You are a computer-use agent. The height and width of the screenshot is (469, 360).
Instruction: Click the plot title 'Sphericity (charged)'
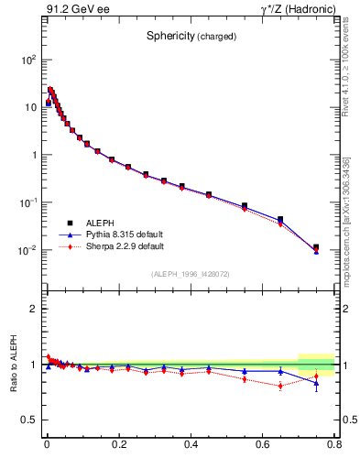tap(191, 37)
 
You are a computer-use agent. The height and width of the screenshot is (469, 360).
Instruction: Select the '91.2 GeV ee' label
tap(74, 9)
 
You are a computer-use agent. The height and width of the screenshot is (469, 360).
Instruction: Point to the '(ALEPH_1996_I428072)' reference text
tap(191, 274)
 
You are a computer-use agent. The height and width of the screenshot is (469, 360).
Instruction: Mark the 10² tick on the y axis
tap(27, 60)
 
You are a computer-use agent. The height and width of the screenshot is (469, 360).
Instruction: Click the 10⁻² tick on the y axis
tap(27, 250)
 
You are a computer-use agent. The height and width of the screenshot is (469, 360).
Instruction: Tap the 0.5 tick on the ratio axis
tap(29, 420)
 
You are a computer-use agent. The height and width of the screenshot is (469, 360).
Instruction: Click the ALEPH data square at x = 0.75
tap(316, 247)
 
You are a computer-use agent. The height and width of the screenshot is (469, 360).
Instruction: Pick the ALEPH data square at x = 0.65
tap(280, 220)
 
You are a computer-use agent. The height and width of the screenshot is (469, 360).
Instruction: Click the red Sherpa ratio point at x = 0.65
tap(280, 386)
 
